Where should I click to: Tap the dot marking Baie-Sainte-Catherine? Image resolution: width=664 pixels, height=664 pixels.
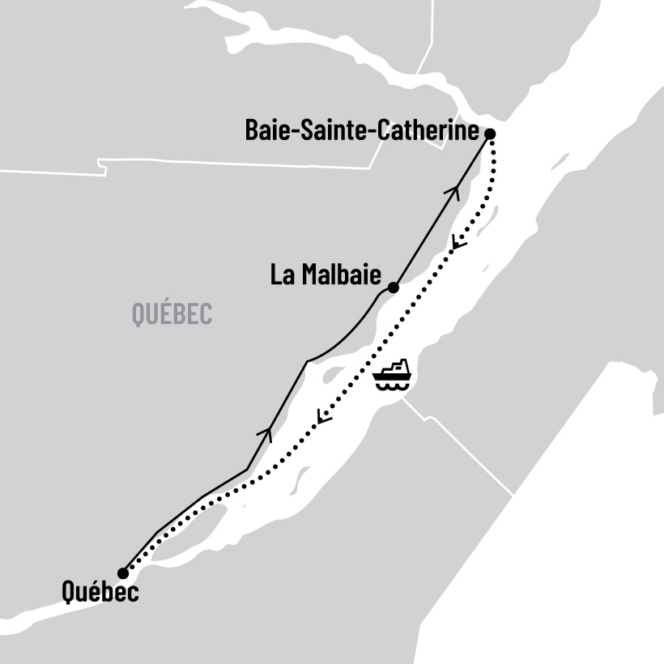click(x=489, y=133)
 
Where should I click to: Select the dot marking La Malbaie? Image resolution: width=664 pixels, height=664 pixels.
click(x=393, y=287)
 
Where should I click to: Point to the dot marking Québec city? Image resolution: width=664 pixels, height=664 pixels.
click(x=123, y=573)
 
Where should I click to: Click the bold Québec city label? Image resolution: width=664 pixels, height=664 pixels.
click(x=100, y=593)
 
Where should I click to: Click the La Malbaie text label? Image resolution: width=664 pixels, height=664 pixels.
click(x=326, y=275)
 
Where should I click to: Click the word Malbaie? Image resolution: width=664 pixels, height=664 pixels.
click(x=339, y=275)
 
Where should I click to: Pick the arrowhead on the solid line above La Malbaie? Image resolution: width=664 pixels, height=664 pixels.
click(x=454, y=192)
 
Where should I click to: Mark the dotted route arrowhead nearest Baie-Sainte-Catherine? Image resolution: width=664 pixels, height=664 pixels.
click(x=458, y=241)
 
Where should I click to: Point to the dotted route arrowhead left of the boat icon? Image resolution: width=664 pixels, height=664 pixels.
click(x=323, y=417)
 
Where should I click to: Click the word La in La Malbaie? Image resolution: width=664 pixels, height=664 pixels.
click(x=281, y=275)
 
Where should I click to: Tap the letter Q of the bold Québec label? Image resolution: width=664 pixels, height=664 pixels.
click(x=70, y=593)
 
